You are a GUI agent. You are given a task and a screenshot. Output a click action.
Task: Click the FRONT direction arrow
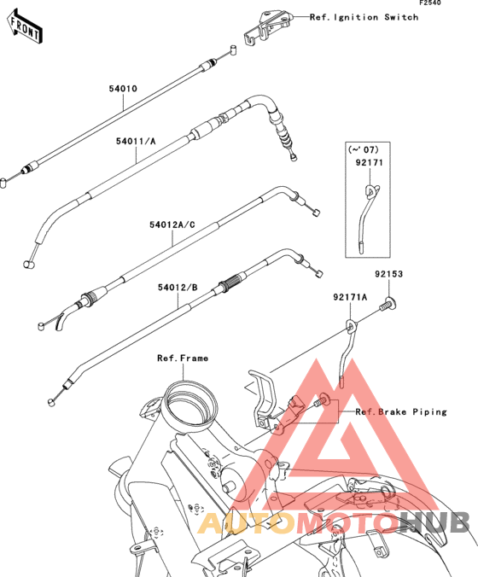[24, 27]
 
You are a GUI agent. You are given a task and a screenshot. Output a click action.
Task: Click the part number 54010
[123, 89]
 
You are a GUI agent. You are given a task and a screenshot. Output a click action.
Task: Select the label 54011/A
[136, 142]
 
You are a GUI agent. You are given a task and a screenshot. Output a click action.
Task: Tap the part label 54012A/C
[172, 224]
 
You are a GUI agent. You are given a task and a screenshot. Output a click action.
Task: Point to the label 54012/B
[178, 288]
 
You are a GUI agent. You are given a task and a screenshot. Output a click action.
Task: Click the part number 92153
[389, 274]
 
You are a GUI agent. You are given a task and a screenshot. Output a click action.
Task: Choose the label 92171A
[350, 297]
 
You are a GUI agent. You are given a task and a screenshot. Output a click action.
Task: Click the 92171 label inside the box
[369, 163]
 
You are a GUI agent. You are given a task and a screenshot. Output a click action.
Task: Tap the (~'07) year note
[363, 149]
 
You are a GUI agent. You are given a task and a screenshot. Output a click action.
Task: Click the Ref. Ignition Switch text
[364, 17]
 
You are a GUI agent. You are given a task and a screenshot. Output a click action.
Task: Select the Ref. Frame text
[183, 358]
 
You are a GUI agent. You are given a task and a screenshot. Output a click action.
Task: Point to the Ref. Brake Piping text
[401, 411]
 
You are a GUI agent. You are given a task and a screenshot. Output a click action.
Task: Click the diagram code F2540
[430, 3]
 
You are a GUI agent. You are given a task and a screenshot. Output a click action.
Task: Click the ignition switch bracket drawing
[268, 27]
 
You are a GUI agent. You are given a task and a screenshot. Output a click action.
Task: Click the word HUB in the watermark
[434, 522]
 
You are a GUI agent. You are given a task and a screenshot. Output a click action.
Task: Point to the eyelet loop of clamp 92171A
[351, 326]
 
